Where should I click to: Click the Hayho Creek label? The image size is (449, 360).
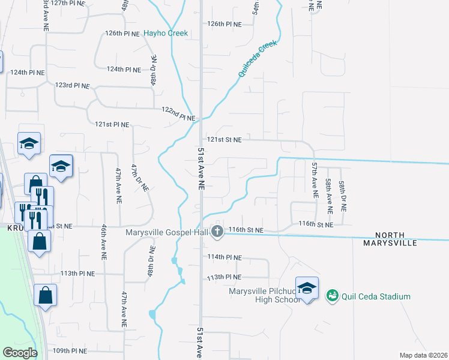pos(166,34)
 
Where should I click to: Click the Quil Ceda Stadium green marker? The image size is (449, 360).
pos(332,296)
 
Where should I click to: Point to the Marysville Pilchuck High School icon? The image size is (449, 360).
pos(307,289)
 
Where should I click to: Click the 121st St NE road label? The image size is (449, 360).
pos(224,140)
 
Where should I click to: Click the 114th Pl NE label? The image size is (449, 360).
pos(224,257)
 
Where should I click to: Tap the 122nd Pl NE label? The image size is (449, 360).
pos(178,114)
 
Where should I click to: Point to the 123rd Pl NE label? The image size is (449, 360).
pos(72,86)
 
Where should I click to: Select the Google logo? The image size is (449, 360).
pos(19,353)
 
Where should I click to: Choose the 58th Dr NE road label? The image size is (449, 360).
pos(343,195)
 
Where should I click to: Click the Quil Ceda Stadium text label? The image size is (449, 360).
pos(376,296)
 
